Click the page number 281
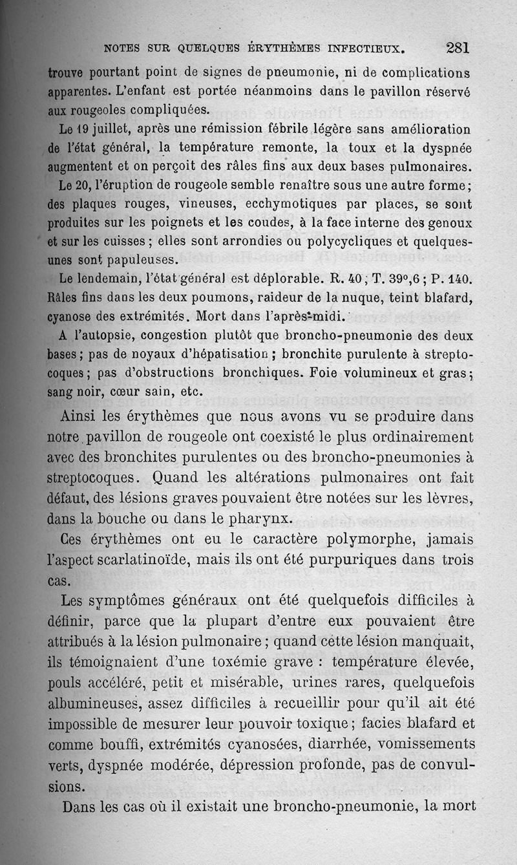457,47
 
